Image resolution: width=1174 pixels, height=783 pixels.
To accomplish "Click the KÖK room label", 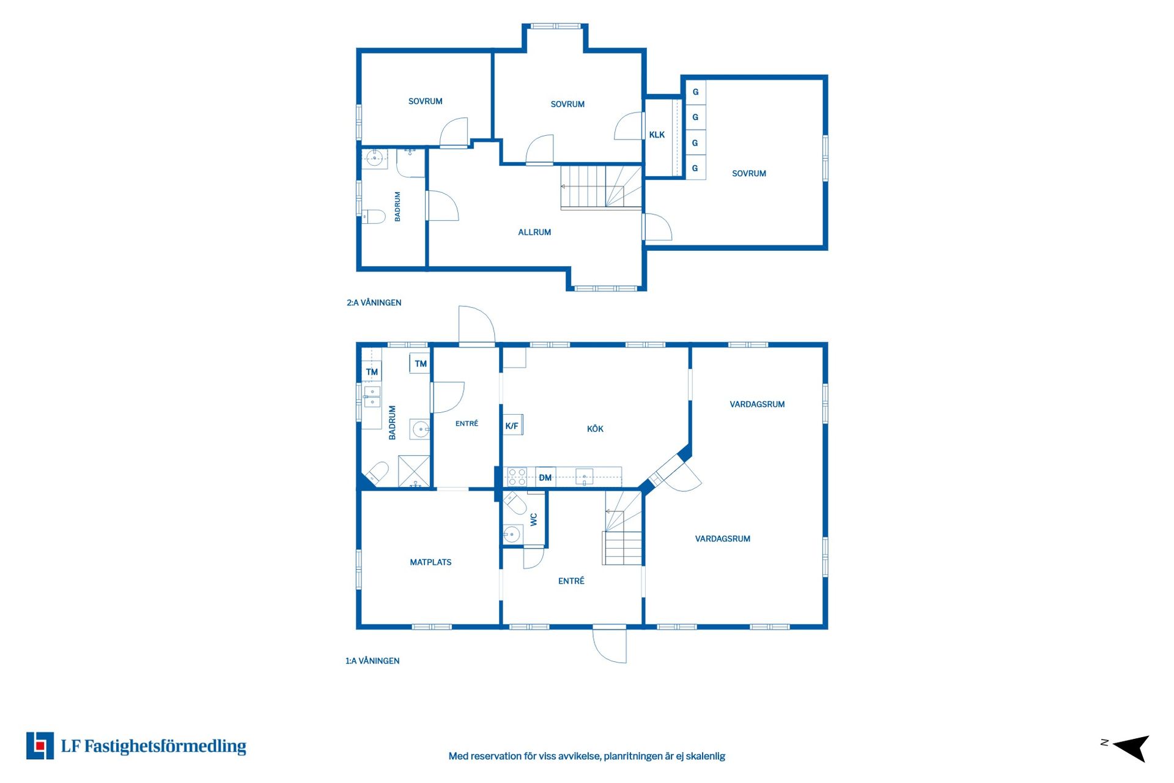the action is click(x=595, y=429).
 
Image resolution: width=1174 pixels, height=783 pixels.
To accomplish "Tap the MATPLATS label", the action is click(x=430, y=562).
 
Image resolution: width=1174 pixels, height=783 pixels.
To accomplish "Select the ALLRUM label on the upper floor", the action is click(x=534, y=232).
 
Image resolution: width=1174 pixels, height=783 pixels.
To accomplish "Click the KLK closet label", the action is click(x=657, y=135).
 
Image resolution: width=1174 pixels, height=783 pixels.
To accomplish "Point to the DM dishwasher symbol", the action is click(x=545, y=477).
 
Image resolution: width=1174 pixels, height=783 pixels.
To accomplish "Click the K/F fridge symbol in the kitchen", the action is click(x=512, y=425).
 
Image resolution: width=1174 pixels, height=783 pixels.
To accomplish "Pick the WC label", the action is click(x=534, y=519).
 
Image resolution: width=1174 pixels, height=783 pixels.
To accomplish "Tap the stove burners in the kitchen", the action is click(x=517, y=477).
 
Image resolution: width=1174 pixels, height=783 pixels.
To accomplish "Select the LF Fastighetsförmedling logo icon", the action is click(x=40, y=746).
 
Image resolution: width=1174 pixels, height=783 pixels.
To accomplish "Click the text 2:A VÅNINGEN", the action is click(x=374, y=303).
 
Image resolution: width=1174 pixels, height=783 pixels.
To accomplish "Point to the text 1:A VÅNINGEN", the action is click(x=372, y=661).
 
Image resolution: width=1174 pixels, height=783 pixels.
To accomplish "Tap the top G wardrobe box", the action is click(x=695, y=92).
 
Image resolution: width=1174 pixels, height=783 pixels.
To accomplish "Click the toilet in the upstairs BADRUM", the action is click(x=373, y=216).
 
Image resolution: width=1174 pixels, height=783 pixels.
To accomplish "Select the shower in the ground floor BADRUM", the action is click(x=414, y=471).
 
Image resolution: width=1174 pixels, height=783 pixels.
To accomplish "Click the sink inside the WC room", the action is click(x=511, y=535).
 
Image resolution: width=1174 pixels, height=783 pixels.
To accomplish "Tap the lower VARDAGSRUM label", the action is click(x=722, y=539).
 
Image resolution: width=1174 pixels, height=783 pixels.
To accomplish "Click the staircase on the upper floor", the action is click(x=601, y=187).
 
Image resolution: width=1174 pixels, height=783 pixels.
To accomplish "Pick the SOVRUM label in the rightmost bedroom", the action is click(x=749, y=174).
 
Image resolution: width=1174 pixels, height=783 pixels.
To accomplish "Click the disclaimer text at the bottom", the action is click(x=587, y=756).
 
